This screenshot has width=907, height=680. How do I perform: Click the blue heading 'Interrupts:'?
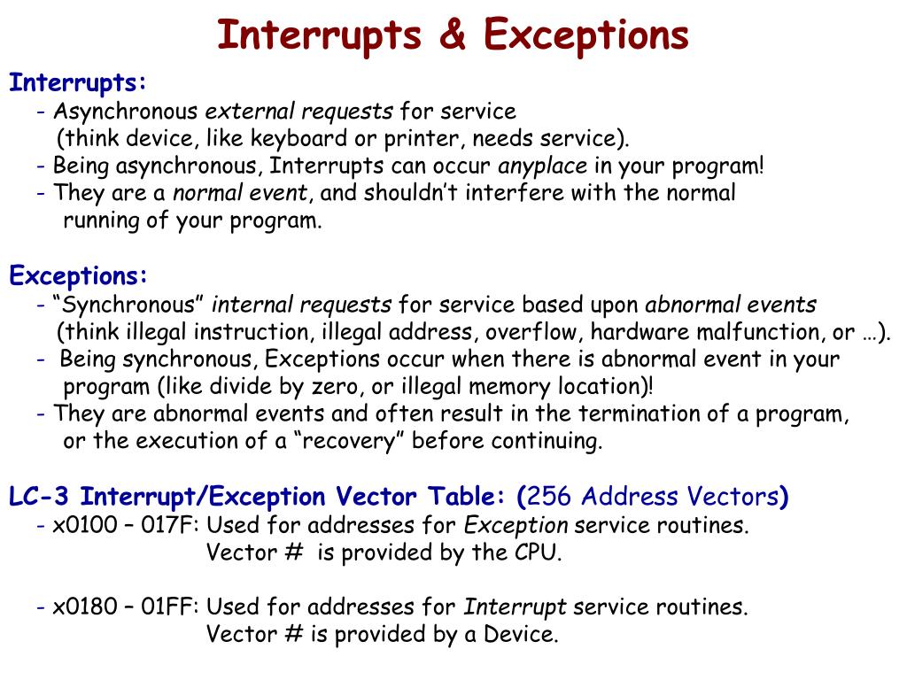click(78, 83)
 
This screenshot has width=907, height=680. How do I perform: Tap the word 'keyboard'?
click(294, 139)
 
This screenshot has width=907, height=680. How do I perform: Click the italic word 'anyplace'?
click(543, 166)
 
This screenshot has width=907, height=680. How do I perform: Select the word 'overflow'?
click(540, 332)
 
